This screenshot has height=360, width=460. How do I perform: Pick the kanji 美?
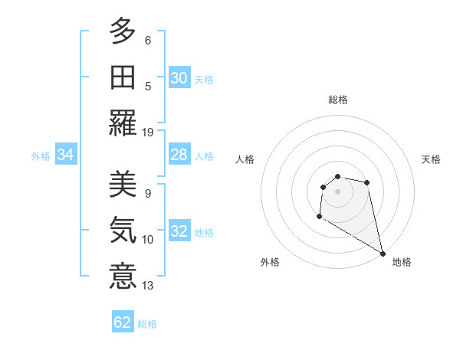click(123, 184)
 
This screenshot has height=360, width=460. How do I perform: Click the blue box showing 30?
click(179, 78)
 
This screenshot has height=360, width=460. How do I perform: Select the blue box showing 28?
click(179, 155)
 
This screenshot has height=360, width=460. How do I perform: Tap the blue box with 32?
click(179, 232)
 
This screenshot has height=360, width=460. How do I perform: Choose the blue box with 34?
click(65, 155)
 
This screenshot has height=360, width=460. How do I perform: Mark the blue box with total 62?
click(123, 322)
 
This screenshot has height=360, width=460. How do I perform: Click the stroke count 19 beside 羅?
click(149, 132)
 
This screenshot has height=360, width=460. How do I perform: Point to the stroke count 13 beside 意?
click(149, 286)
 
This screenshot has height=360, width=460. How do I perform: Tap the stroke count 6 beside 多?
click(148, 40)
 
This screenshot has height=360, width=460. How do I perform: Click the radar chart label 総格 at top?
click(337, 100)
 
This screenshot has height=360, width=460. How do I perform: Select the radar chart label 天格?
click(431, 159)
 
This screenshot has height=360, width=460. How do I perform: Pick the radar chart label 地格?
click(402, 262)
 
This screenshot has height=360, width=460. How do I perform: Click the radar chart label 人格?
click(245, 159)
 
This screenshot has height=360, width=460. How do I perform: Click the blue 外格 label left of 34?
click(41, 156)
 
